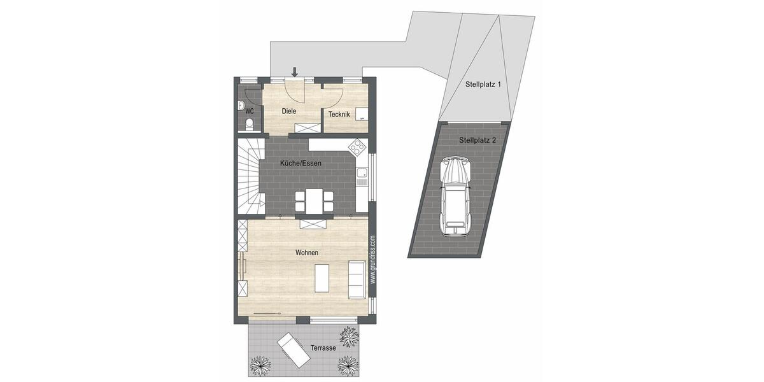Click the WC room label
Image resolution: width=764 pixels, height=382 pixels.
[249, 111]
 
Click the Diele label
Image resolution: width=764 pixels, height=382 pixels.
[289, 111]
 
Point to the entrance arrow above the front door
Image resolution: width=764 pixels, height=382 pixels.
[294, 71]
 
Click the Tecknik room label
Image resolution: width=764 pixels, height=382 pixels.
[339, 115]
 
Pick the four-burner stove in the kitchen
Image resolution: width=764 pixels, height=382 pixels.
[358, 148]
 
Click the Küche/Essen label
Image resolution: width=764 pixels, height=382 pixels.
[301, 164]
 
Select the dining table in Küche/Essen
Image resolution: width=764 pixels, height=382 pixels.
[315, 201]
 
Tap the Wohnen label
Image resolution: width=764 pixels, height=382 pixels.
[307, 253]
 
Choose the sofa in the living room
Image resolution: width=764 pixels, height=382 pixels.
[357, 279]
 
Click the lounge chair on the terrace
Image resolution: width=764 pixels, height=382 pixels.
[294, 350]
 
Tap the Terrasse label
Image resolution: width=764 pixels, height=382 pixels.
[323, 348]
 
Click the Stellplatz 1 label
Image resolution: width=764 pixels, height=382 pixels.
[484, 83]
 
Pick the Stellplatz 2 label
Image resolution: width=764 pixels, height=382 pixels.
[478, 140]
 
